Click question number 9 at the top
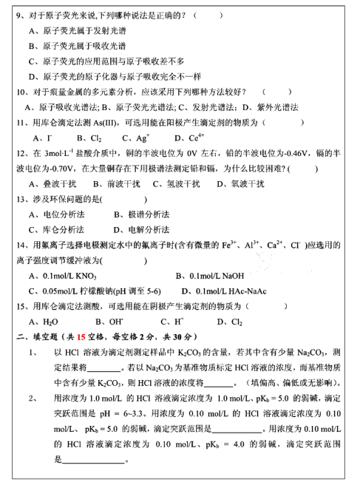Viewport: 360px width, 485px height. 19,15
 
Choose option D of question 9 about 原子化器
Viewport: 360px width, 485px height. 107,76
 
